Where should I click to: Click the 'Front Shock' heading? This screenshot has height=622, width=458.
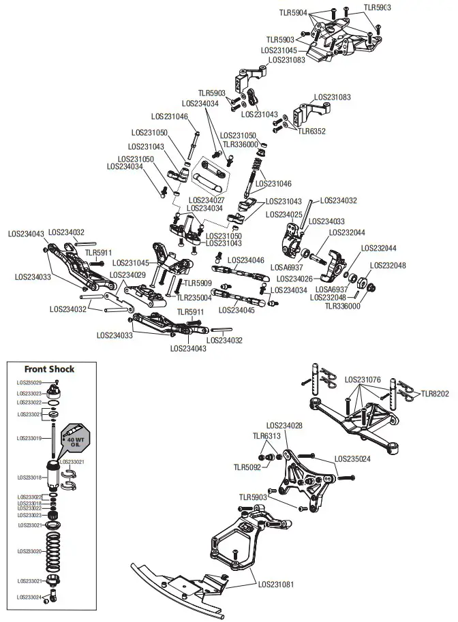point(49,369)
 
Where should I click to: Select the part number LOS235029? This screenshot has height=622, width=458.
point(29,382)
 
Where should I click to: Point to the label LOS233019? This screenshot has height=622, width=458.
point(29,438)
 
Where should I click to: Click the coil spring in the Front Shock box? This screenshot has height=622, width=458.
point(54,552)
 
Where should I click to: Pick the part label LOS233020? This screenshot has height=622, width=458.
point(29,551)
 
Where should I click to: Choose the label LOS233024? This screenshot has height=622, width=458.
point(29,597)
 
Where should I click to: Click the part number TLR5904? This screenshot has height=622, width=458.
point(293,12)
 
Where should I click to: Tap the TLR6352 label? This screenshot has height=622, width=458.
point(312,131)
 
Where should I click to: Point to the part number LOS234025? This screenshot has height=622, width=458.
point(284,215)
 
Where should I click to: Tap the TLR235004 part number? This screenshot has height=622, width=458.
point(194,298)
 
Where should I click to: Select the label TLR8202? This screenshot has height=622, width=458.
point(435,393)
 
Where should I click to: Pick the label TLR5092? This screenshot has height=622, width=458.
point(247,467)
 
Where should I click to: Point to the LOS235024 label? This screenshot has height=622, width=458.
point(352,459)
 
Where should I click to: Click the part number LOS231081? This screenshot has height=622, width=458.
point(276,584)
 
